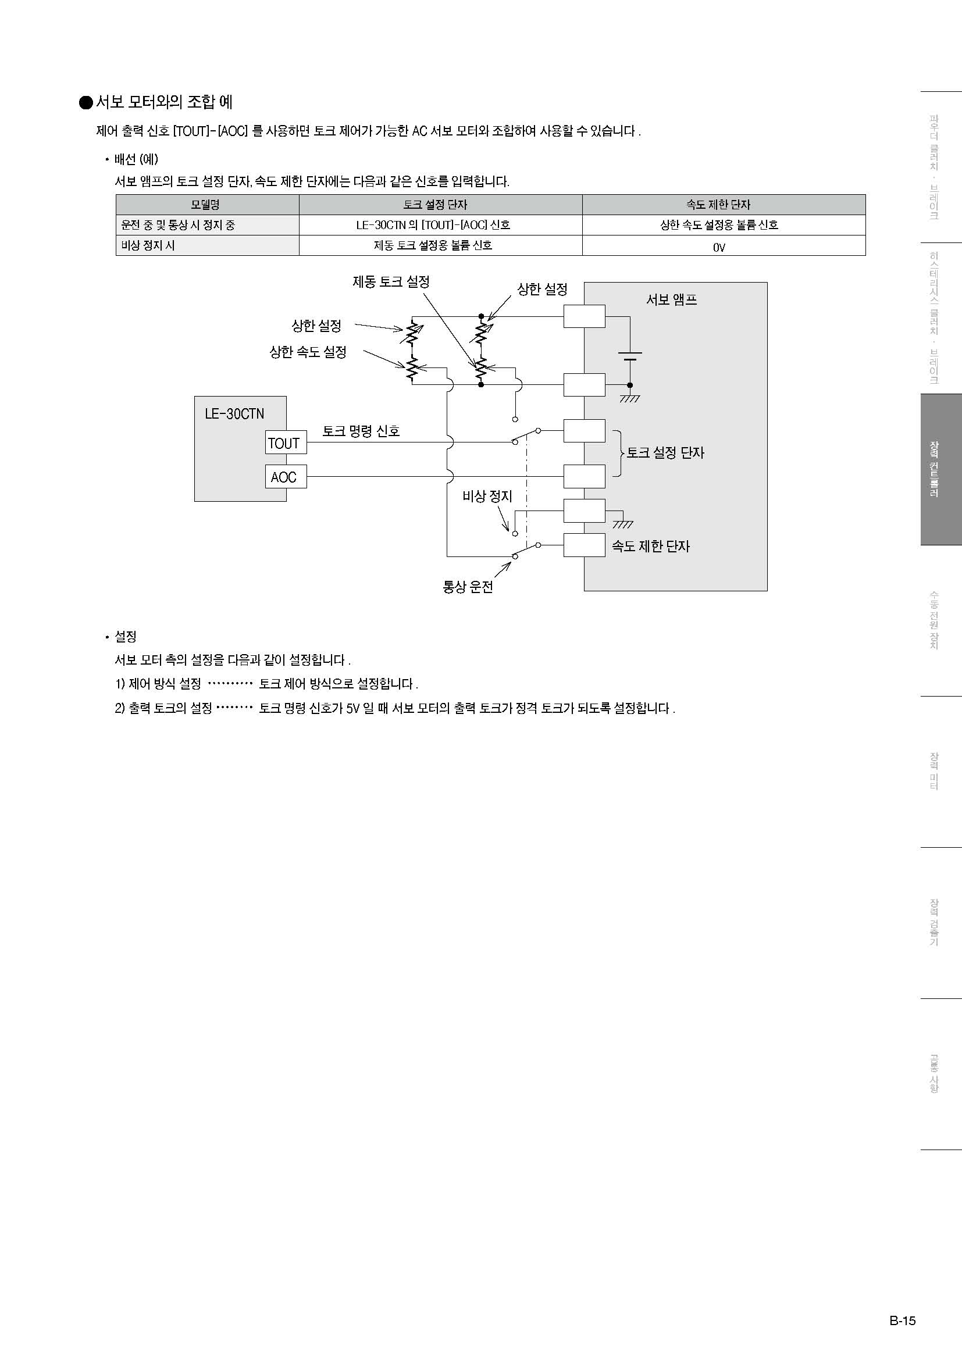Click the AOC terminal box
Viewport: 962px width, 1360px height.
click(x=285, y=477)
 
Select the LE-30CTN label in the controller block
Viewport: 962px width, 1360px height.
click(x=234, y=413)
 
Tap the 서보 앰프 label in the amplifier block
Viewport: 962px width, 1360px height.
click(x=671, y=299)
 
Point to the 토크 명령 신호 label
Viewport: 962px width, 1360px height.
click(x=361, y=431)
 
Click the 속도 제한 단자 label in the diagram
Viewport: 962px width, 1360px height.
click(x=650, y=546)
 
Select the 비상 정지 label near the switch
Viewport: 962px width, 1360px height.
click(x=487, y=497)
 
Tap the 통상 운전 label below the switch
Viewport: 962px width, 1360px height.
click(x=468, y=587)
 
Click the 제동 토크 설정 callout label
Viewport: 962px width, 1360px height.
click(x=391, y=282)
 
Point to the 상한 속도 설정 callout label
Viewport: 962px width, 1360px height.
click(x=308, y=352)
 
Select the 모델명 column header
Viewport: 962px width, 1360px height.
click(x=205, y=205)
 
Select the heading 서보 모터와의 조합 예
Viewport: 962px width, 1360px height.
click(x=164, y=102)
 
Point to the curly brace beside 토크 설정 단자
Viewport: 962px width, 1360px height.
click(x=618, y=454)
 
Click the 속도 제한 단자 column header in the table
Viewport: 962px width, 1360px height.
click(x=718, y=205)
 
